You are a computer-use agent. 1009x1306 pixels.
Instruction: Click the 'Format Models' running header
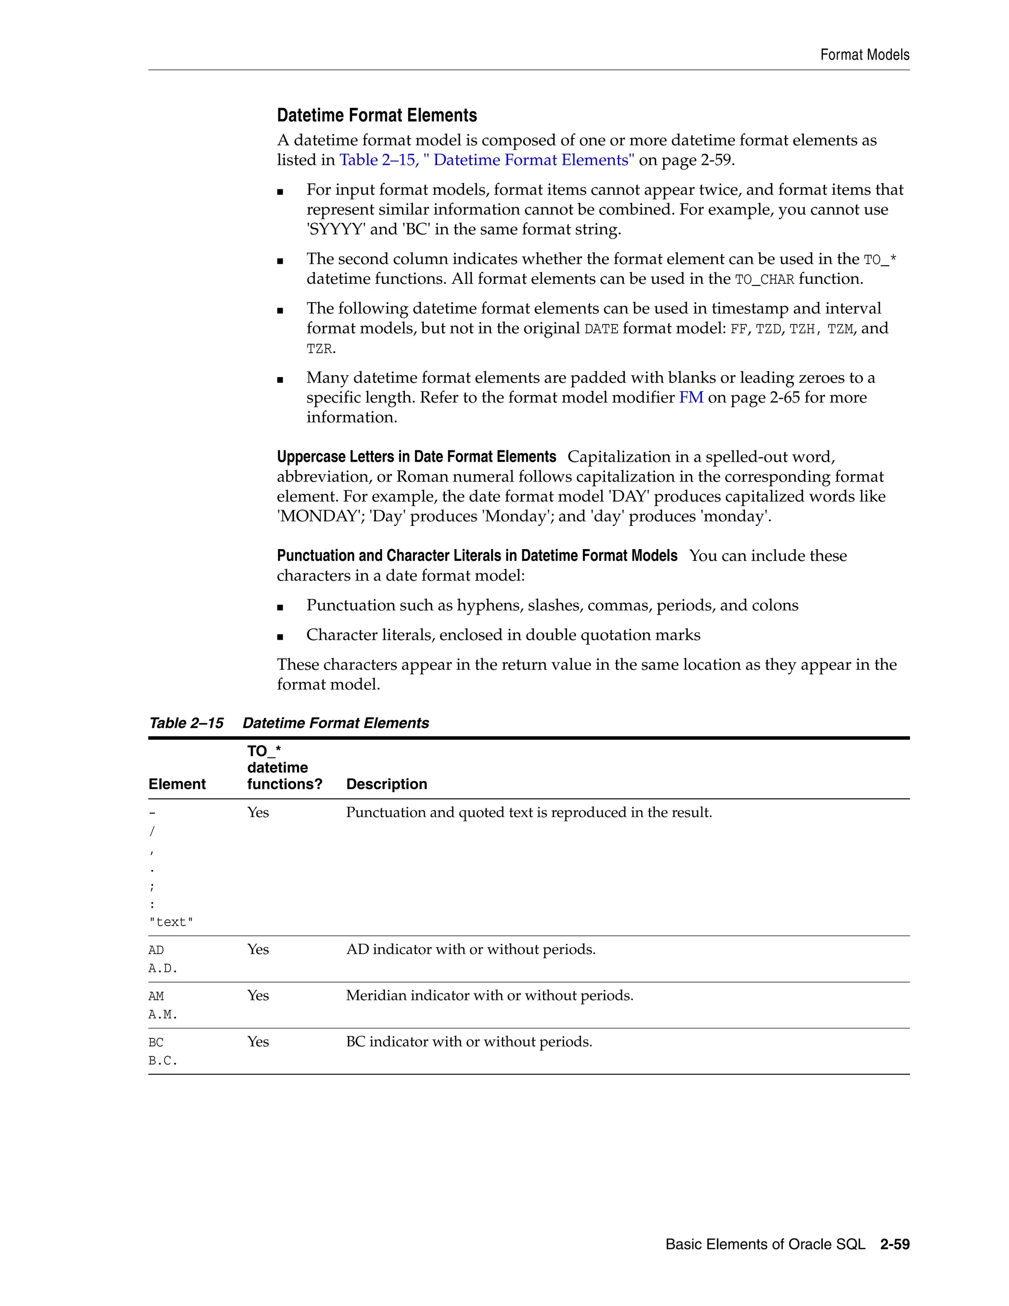[864, 55]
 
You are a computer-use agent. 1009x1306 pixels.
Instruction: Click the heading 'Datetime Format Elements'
[376, 115]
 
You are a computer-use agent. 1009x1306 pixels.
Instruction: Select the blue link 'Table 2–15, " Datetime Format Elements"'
[487, 160]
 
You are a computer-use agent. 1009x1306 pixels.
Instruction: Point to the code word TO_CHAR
[764, 280]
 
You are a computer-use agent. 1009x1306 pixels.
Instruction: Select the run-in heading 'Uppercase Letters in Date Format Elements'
[416, 457]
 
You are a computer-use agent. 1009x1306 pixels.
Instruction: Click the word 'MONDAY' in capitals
[318, 516]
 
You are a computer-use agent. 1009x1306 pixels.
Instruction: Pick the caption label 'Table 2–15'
[186, 723]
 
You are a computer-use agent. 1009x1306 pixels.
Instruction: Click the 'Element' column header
[177, 784]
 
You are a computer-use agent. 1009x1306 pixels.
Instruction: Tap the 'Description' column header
[386, 784]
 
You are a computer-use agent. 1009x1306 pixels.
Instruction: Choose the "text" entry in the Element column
[171, 922]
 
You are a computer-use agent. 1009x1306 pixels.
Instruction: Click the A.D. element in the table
[163, 968]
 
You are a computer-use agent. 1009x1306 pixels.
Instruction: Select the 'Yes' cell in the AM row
[258, 996]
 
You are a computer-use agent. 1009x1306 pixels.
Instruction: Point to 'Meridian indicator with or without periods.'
[489, 996]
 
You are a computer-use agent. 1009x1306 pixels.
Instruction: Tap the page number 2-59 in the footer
[894, 1244]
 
